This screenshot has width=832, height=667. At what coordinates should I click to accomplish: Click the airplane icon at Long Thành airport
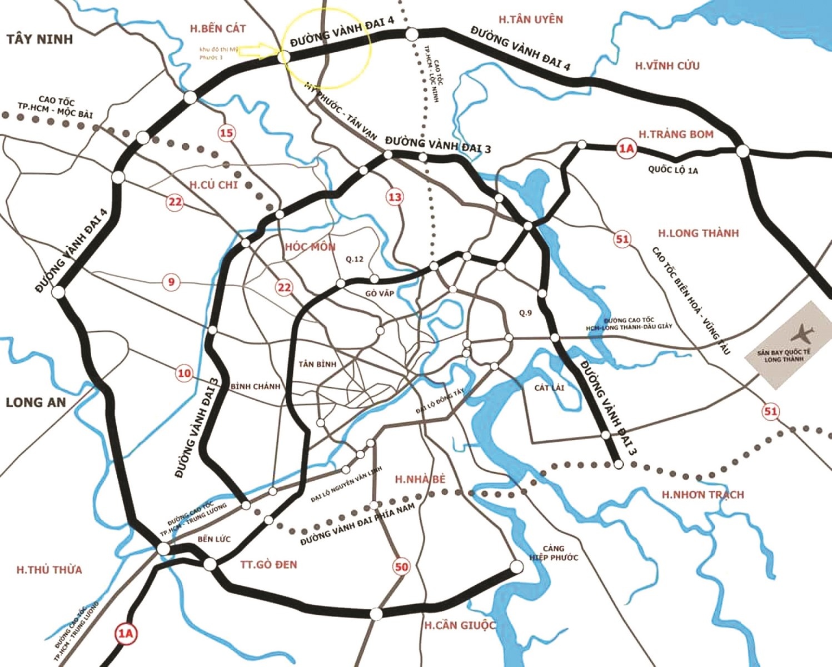click(x=801, y=333)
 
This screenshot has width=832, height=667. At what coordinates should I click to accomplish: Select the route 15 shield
click(x=226, y=133)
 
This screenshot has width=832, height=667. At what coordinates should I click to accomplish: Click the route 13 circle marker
click(x=395, y=197)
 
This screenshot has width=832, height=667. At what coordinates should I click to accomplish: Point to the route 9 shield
click(x=171, y=282)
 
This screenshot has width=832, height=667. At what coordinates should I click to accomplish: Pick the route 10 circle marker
click(x=184, y=374)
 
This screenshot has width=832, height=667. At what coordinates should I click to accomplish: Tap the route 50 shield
click(x=401, y=567)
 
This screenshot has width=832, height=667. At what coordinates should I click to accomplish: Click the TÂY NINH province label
click(x=39, y=39)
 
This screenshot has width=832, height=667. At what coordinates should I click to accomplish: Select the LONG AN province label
click(x=36, y=402)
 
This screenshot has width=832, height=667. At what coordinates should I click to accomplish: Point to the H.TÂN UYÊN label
click(x=530, y=19)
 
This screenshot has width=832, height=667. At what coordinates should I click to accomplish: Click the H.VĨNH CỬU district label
click(x=667, y=66)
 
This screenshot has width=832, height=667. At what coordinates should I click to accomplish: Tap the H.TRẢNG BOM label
click(x=675, y=134)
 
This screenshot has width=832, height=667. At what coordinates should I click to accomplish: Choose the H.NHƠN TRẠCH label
click(x=703, y=494)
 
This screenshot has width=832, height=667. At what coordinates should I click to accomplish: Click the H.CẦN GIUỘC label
click(x=460, y=625)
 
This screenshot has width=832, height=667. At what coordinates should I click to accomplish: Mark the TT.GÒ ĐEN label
click(x=268, y=565)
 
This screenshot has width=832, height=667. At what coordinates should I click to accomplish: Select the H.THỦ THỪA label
click(x=49, y=570)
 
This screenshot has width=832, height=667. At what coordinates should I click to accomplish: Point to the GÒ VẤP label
click(x=380, y=293)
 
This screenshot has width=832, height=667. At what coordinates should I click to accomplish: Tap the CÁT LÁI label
click(x=549, y=387)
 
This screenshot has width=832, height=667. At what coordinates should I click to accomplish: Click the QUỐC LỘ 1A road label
click(x=672, y=170)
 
